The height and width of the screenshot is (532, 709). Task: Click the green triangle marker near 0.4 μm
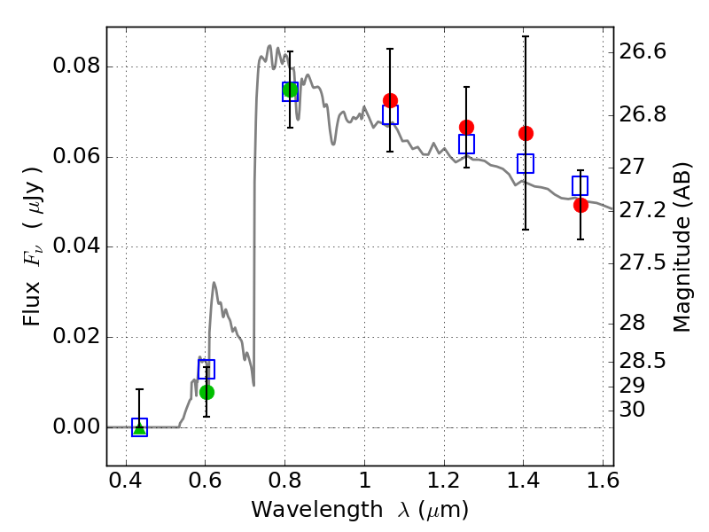click(140, 428)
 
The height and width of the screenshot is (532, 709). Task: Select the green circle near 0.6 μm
click(206, 392)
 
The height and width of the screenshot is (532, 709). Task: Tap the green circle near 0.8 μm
click(290, 90)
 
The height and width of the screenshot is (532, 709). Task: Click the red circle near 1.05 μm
click(390, 100)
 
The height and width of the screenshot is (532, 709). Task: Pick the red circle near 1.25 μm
click(467, 127)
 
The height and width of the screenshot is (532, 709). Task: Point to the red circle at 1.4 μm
click(526, 133)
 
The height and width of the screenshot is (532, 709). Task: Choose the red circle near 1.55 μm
click(580, 205)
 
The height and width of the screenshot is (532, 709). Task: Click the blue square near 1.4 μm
click(526, 163)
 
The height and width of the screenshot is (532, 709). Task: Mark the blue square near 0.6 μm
click(206, 369)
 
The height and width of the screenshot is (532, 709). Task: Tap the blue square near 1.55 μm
click(580, 186)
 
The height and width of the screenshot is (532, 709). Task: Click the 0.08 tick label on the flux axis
click(76, 66)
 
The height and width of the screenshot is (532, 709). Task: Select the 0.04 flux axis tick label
click(76, 246)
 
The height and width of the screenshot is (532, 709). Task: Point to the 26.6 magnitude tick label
click(643, 51)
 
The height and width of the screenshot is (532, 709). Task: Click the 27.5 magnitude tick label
click(643, 262)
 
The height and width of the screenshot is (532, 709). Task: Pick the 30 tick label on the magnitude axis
click(632, 410)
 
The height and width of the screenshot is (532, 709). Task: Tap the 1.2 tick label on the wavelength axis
click(444, 480)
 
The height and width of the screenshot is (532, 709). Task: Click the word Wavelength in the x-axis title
click(317, 509)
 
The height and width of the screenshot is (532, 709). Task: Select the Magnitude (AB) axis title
click(682, 247)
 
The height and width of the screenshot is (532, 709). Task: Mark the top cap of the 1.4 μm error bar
click(526, 36)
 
